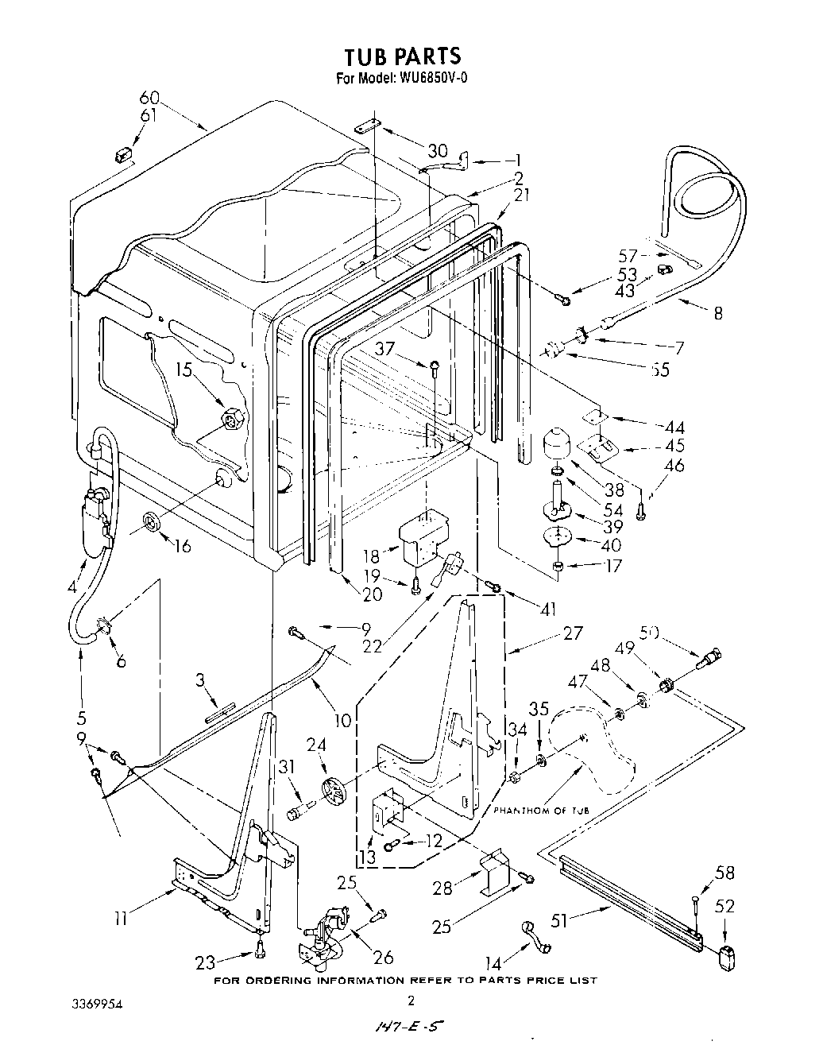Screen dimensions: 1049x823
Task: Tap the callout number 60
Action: pyautogui.click(x=149, y=99)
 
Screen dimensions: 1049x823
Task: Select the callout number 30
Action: pyautogui.click(x=438, y=151)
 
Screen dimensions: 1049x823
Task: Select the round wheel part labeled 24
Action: pyautogui.click(x=335, y=792)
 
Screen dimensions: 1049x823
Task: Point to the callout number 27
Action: pyautogui.click(x=572, y=633)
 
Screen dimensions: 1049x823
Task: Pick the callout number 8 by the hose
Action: pyautogui.click(x=718, y=313)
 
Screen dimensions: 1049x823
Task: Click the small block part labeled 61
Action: pyautogui.click(x=123, y=153)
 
